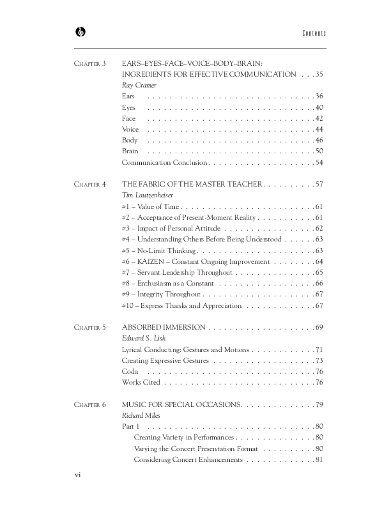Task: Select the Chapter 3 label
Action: [90, 63]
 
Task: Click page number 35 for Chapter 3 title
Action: [319, 74]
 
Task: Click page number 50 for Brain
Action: [319, 151]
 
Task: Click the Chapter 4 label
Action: [90, 184]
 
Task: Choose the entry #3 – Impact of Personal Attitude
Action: [171, 228]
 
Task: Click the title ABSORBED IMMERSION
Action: [164, 327]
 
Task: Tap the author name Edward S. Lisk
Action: [144, 339]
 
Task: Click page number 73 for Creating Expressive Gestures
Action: [319, 360]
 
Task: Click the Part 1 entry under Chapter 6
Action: [130, 426]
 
